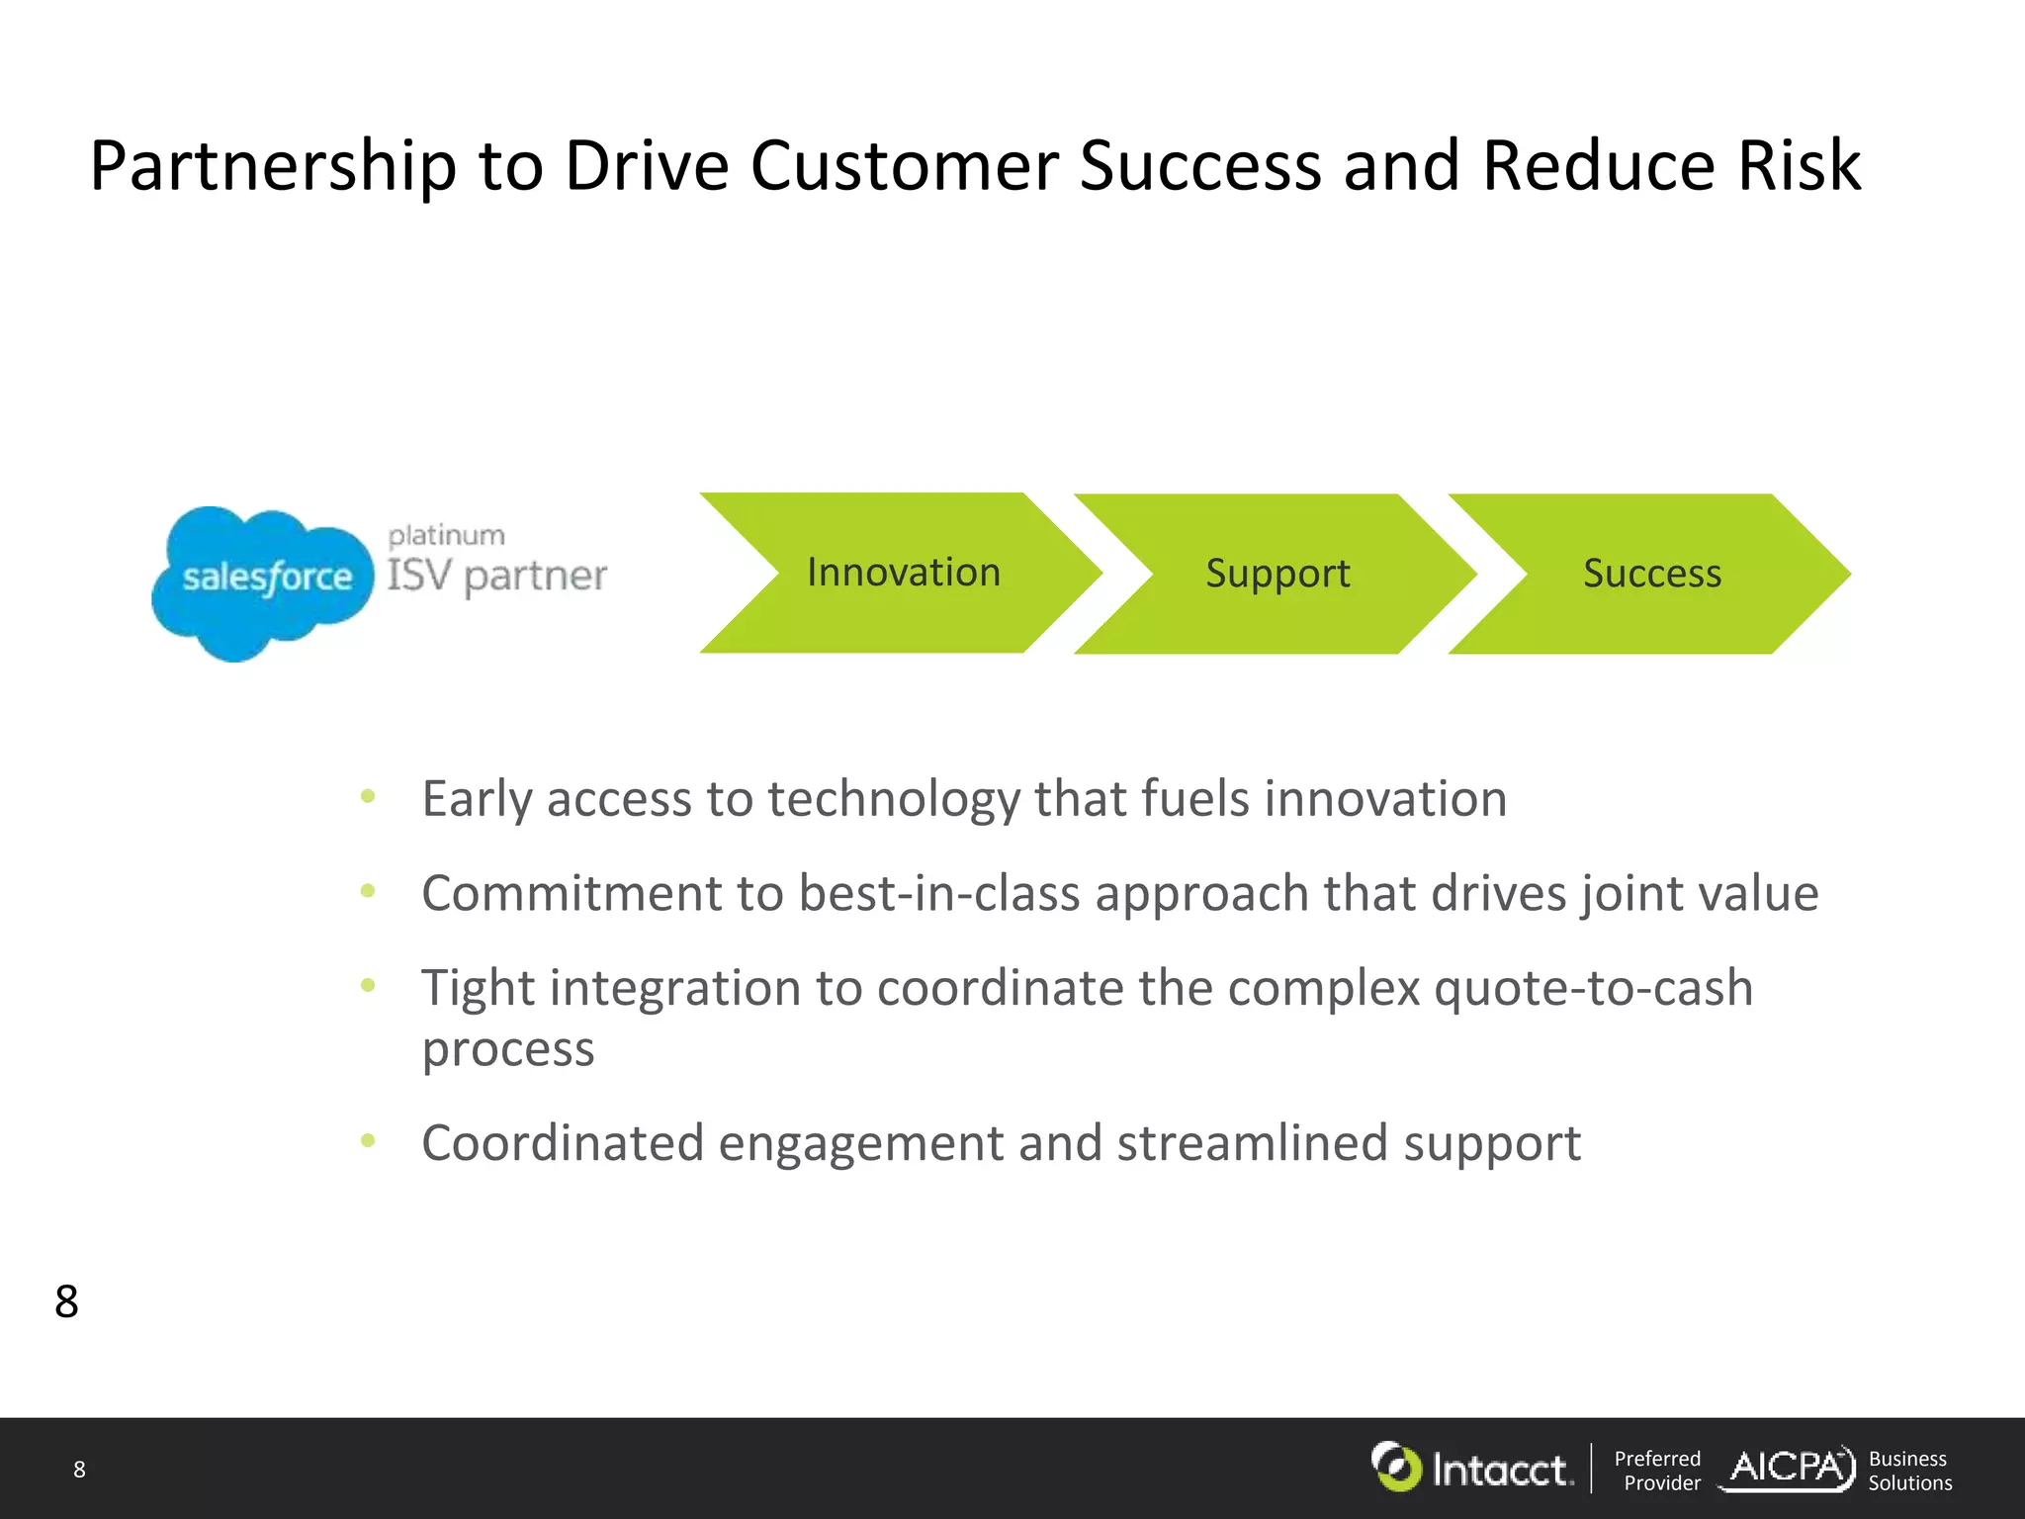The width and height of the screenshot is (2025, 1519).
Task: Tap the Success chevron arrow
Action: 1651,574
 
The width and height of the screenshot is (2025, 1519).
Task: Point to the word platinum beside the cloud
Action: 446,536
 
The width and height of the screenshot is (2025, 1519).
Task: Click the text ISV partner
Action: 496,576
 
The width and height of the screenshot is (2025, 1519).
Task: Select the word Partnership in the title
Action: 273,166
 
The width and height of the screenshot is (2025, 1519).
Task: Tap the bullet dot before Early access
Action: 368,796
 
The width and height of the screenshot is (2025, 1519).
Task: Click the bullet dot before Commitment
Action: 368,891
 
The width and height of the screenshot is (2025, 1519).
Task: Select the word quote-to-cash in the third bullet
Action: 1593,988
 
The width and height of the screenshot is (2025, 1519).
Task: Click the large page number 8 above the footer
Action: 66,1301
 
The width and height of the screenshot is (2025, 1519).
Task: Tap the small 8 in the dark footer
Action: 79,1470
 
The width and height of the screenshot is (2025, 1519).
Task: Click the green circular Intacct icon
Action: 1396,1467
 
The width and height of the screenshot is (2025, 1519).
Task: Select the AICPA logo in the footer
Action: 1788,1468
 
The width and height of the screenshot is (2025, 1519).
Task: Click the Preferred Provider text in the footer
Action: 1658,1471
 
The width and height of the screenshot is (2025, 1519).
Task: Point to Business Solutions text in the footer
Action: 1909,1471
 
